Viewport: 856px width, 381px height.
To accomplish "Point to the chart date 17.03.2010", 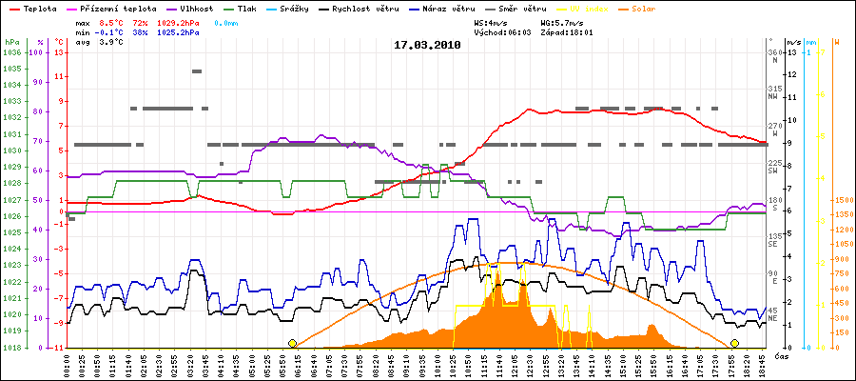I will click(427, 44).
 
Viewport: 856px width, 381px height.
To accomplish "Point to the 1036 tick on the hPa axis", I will click(11, 52).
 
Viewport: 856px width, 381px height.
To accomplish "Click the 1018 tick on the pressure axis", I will click(11, 348).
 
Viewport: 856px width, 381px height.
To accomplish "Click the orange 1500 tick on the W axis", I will click(842, 200).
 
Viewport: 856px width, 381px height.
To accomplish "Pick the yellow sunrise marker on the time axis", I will click(292, 343).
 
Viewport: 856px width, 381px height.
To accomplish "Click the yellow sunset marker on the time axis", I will click(734, 343).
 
